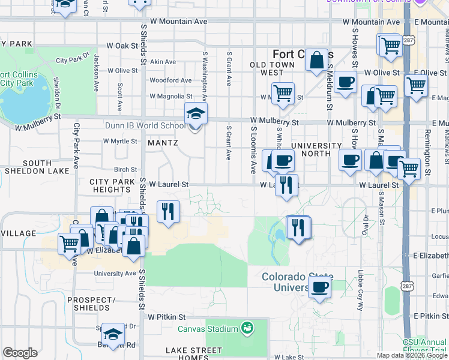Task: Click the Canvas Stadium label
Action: coord(207,329)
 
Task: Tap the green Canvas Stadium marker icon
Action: coord(246,328)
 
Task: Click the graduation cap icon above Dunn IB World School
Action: coord(195,112)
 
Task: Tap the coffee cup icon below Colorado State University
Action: coord(321,287)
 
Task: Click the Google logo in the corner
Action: coord(20,353)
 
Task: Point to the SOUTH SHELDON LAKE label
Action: coord(37,167)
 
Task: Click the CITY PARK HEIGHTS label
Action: coord(110,185)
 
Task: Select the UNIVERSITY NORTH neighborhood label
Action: coord(316,150)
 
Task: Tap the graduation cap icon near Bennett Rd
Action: coord(112,335)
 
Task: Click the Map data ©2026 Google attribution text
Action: coord(411,355)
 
